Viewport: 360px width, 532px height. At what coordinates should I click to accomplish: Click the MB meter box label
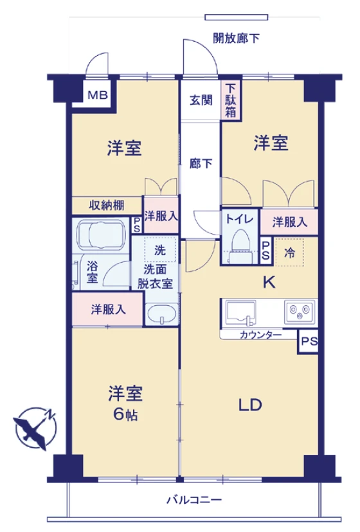point(98,96)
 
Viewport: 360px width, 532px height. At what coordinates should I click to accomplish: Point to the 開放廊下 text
point(237,38)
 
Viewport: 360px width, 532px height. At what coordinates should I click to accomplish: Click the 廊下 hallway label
point(201,163)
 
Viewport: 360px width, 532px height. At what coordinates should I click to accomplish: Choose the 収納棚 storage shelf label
point(107,206)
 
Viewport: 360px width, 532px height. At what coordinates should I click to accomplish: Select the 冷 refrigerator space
point(290,253)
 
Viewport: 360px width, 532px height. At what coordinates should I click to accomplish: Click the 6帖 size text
point(125,414)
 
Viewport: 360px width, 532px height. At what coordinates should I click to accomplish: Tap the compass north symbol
point(34,426)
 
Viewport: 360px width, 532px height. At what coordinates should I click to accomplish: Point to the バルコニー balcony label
point(194,499)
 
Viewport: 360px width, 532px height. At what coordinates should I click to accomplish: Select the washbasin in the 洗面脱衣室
point(160,315)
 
